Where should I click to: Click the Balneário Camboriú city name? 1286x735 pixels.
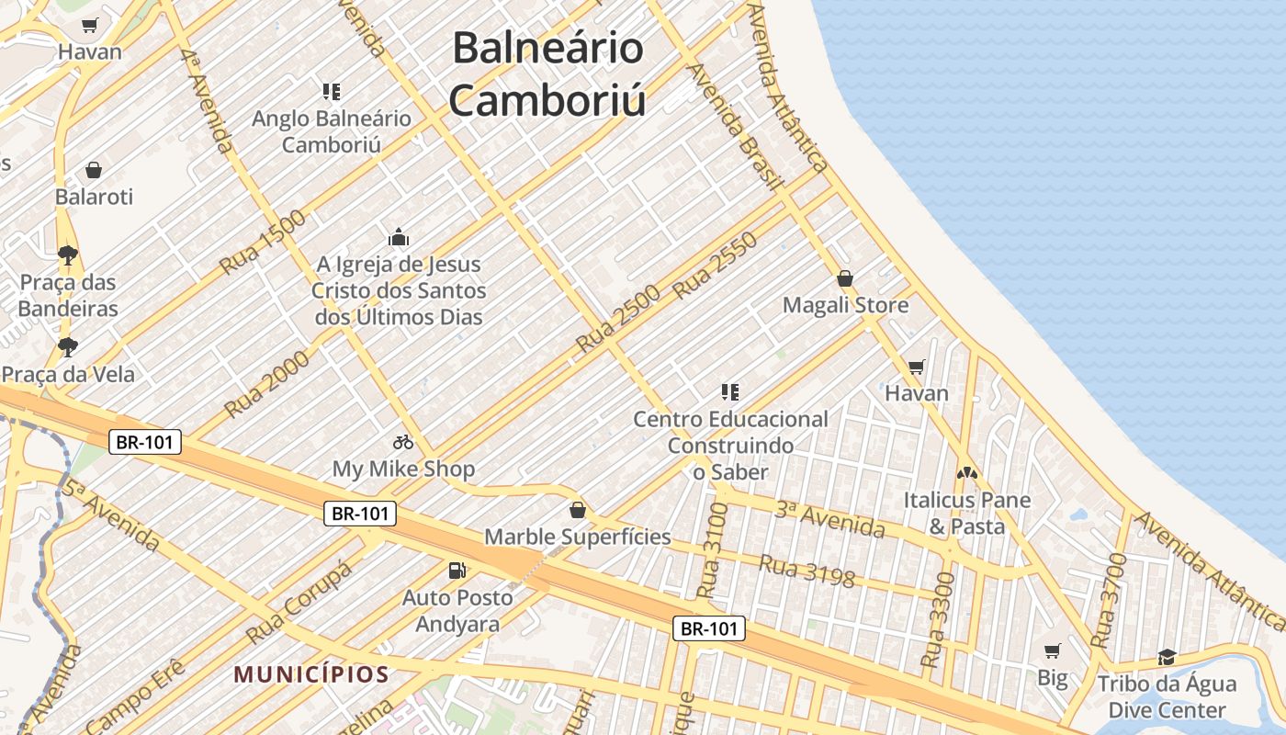coord(547,73)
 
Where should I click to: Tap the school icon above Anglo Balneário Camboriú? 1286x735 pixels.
coord(332,91)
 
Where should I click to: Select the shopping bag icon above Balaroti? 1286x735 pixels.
coord(93,170)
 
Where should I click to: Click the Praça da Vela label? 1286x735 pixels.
coord(69,374)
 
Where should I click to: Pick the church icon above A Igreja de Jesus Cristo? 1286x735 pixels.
coord(399,238)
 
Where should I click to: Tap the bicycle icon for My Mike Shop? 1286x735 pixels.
coord(402,442)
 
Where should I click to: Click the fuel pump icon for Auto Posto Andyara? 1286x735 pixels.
coord(457,571)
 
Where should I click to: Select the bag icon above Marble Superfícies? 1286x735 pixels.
coord(578,509)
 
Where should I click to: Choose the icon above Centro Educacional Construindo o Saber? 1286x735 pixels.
coord(730,392)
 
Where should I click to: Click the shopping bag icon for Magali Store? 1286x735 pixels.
coord(845,277)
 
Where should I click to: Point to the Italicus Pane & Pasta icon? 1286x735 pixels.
coord(966,473)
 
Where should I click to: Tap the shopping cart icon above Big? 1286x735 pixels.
coord(1053,651)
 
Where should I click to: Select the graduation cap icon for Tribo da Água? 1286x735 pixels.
coord(1167,657)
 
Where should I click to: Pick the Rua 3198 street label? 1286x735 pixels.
coord(807,571)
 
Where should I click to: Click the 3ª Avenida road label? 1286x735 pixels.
coord(829,519)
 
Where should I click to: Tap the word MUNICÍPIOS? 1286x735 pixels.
coord(311,674)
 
